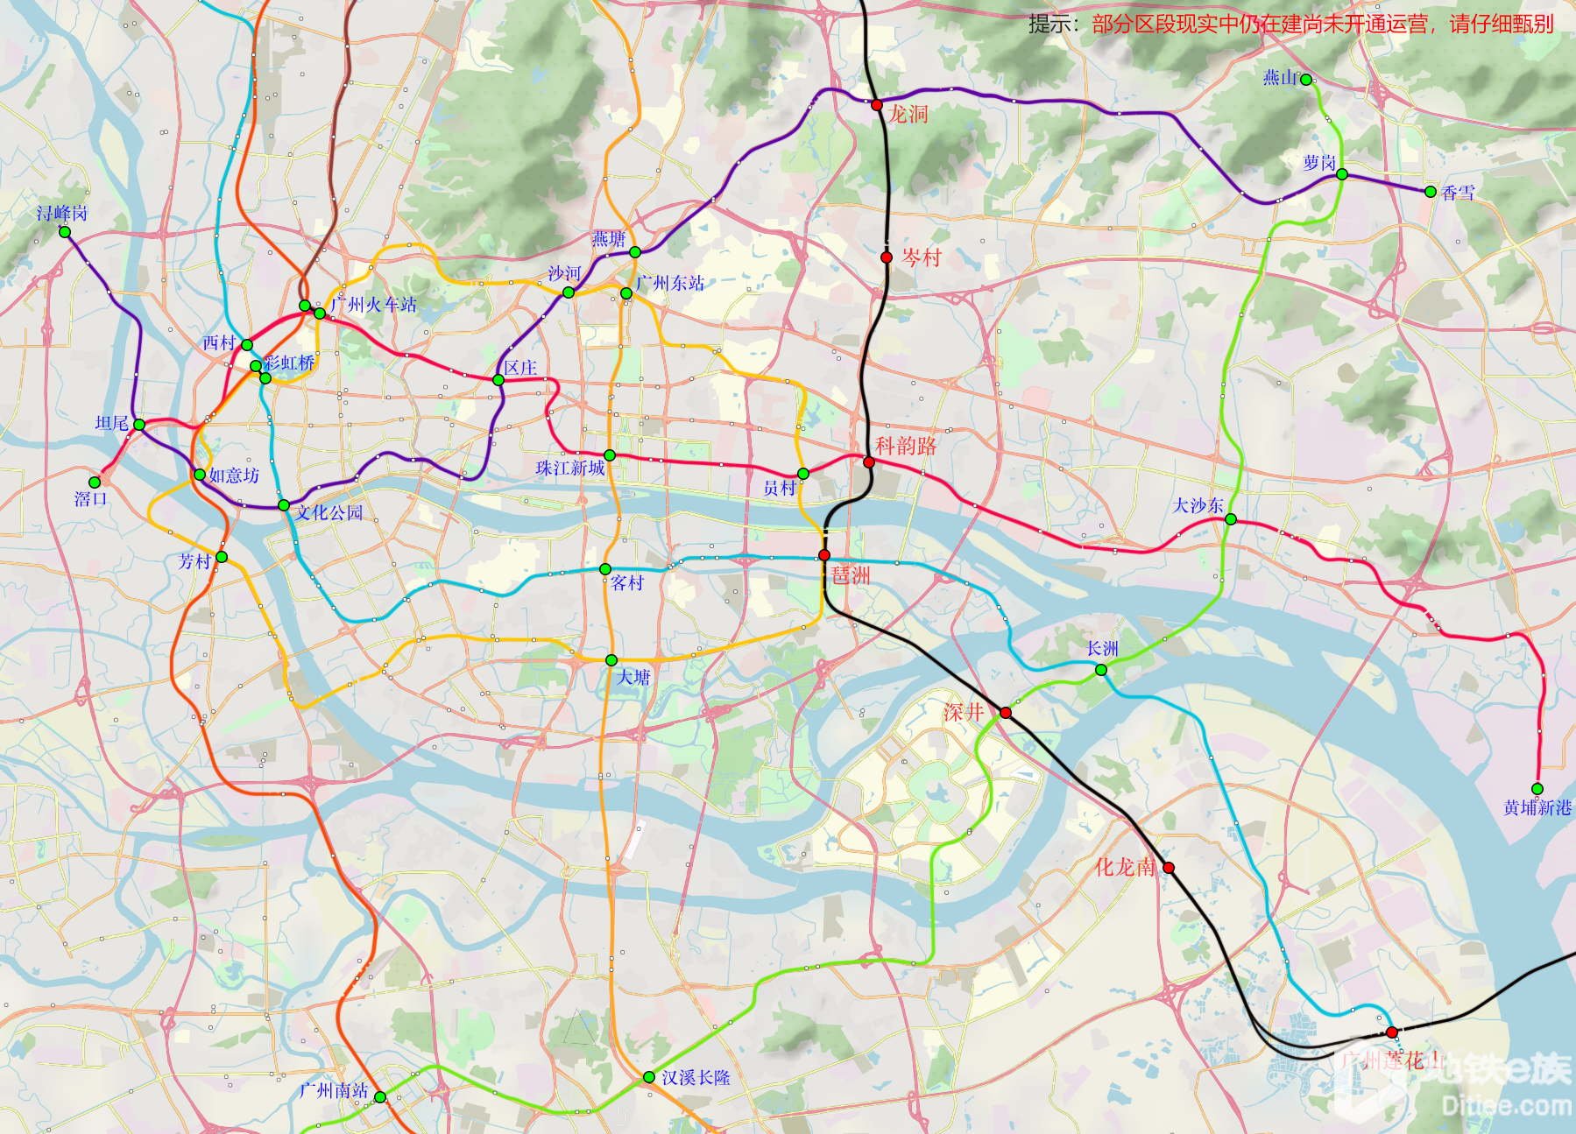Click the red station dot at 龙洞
876,105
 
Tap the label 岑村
922,257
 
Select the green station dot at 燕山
1305,80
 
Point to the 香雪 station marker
1430,192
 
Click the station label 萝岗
1318,163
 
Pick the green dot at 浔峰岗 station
65,232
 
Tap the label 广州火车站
374,305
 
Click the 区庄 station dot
498,380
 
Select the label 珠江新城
570,468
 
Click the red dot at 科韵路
868,462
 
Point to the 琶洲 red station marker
824,555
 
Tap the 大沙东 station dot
1230,519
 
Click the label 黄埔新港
1537,808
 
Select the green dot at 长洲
1101,670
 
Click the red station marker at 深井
1006,713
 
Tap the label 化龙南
1125,867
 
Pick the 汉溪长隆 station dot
648,1077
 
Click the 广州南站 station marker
380,1096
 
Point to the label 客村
627,583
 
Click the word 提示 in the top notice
1049,24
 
